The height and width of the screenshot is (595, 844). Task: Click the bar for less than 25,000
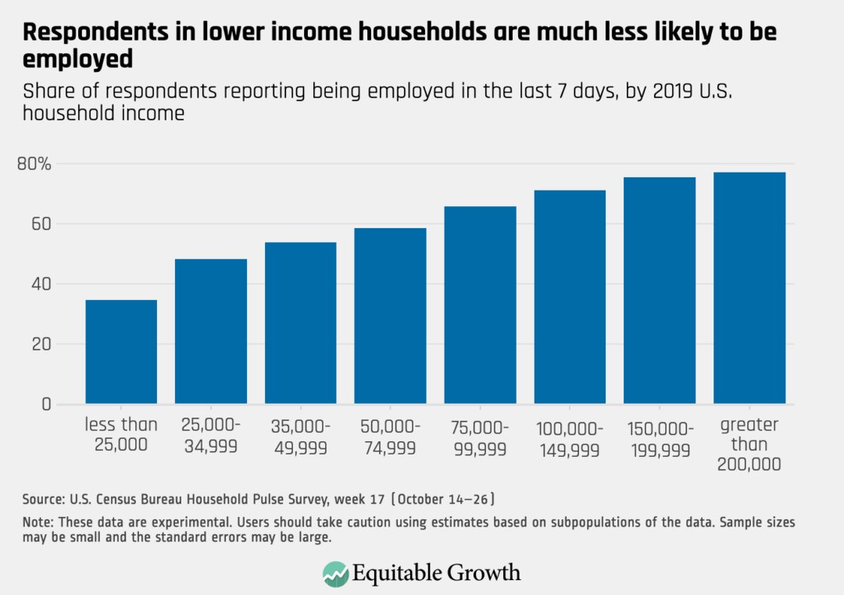(121, 352)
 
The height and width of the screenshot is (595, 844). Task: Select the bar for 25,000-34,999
(211, 332)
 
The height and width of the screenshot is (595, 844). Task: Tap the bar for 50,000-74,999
(390, 316)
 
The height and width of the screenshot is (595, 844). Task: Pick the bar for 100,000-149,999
(570, 297)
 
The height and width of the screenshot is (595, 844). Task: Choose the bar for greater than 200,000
(749, 288)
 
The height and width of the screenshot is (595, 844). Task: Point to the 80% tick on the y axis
(34, 164)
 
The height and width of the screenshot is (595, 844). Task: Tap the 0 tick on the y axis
(46, 404)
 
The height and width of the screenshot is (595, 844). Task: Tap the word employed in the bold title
(77, 59)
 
